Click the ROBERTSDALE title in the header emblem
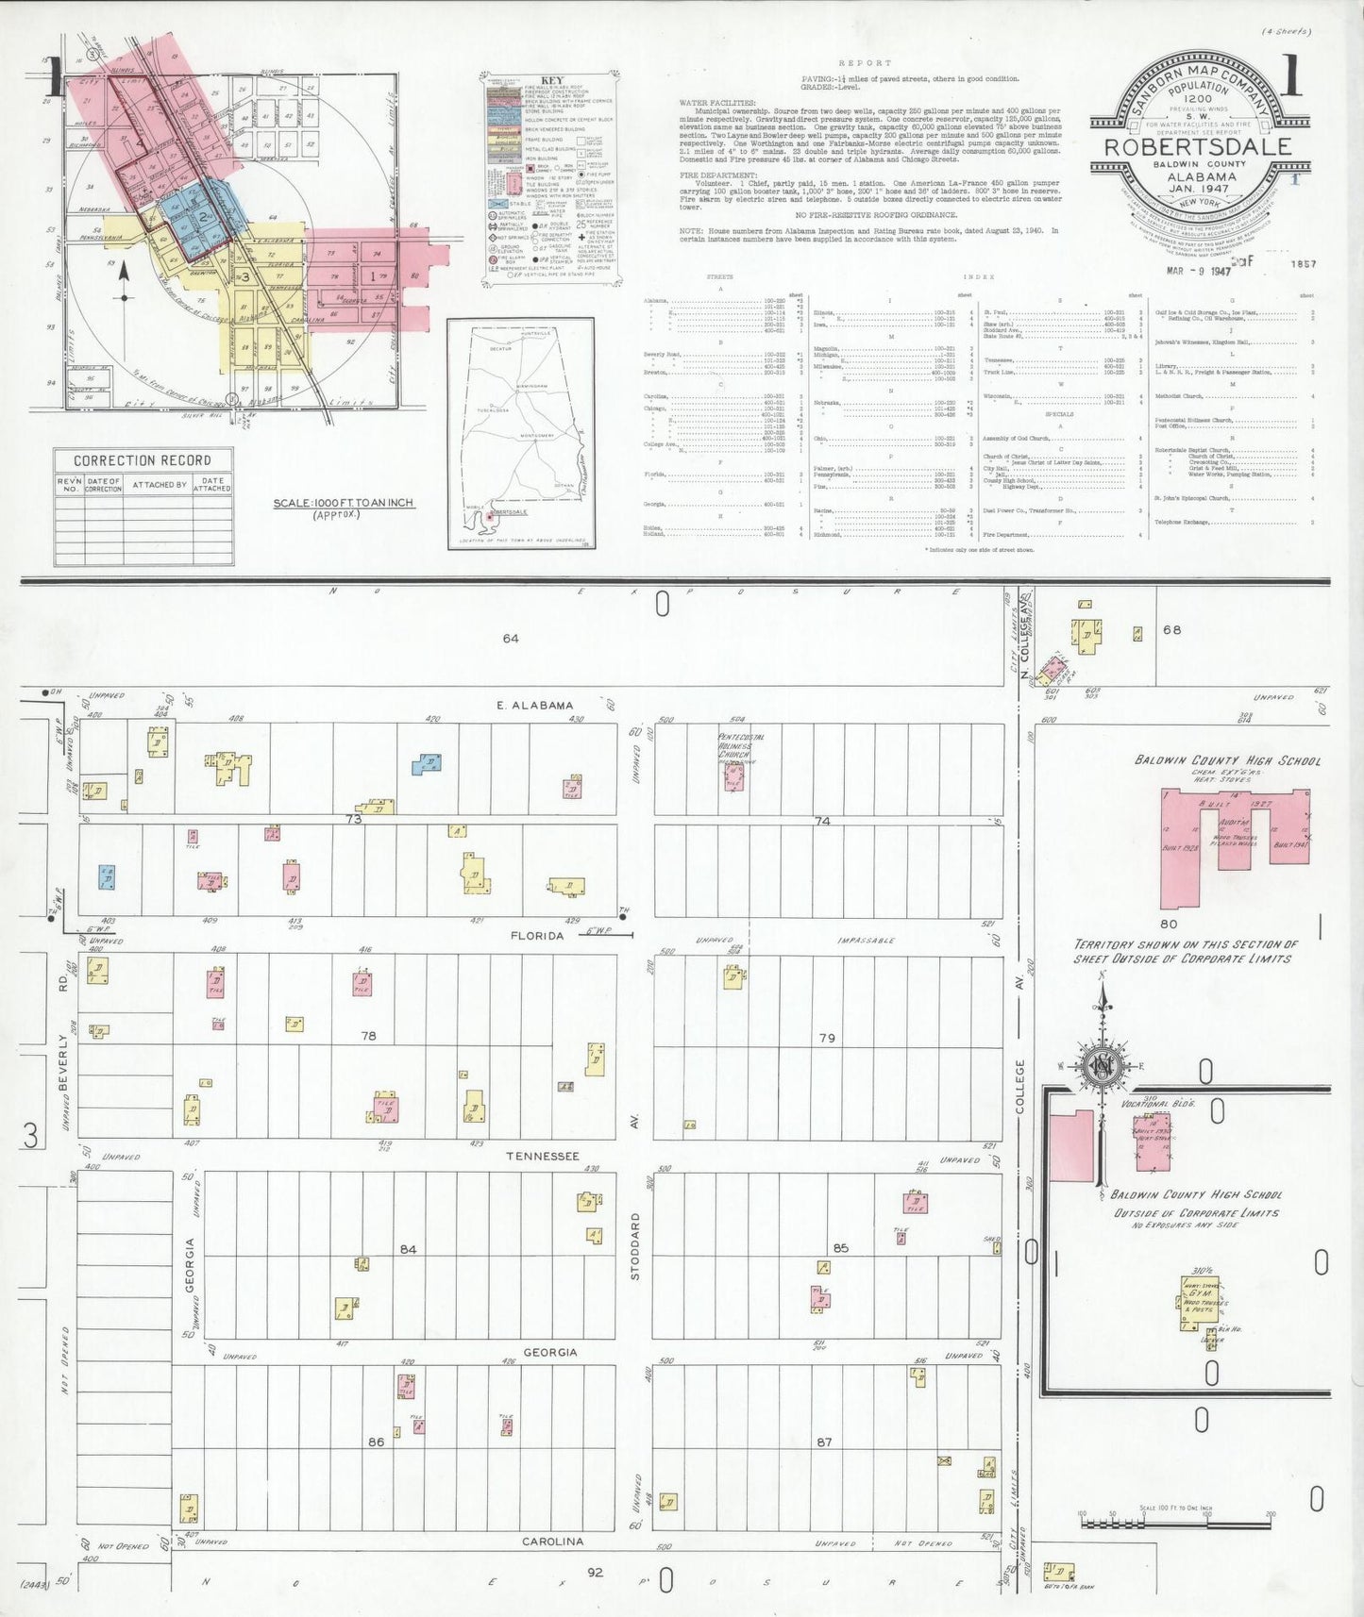(x=1198, y=148)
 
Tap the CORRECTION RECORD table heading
(x=143, y=460)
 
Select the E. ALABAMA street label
(x=535, y=705)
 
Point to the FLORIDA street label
(x=537, y=936)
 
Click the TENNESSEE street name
(x=543, y=1156)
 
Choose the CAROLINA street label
(x=553, y=1542)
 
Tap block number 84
(x=408, y=1249)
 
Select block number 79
(x=827, y=1038)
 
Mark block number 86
(x=376, y=1442)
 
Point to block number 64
(x=511, y=639)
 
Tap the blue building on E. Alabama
(x=428, y=763)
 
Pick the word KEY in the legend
(x=552, y=80)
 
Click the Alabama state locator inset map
(x=521, y=433)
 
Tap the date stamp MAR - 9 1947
(x=1199, y=271)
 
